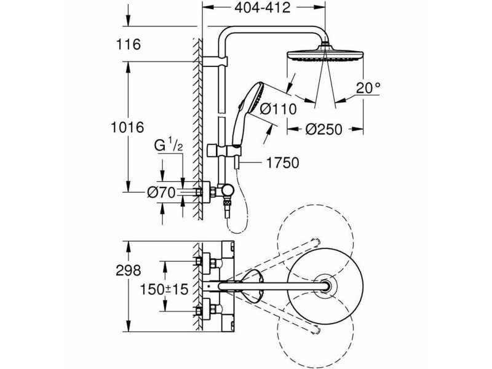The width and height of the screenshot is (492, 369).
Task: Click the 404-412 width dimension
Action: (263, 8)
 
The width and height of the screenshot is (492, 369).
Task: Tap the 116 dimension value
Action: (129, 44)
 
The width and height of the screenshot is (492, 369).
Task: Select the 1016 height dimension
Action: (127, 127)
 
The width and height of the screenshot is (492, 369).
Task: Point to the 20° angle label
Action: (368, 88)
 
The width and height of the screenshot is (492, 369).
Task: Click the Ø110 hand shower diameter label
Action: (279, 109)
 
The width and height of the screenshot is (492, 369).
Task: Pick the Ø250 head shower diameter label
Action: (324, 129)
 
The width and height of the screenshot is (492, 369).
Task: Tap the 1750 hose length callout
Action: (282, 162)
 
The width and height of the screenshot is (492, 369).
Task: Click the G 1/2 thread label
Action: (169, 146)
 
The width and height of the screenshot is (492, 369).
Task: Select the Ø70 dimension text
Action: (161, 192)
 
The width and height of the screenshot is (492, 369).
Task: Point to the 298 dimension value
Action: (129, 270)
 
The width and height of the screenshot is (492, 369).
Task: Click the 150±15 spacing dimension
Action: (164, 289)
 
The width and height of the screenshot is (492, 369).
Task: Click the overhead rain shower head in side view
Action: (326, 54)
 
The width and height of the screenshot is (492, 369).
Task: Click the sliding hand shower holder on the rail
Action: (224, 150)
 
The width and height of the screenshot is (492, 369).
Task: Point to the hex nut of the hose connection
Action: (226, 204)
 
